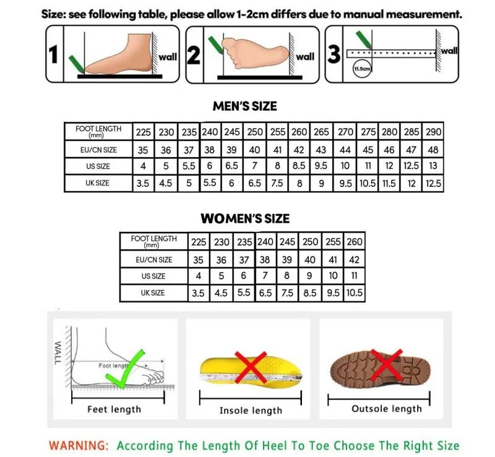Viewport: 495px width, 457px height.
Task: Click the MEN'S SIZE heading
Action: tap(244, 106)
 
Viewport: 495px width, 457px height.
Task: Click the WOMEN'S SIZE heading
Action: tap(244, 218)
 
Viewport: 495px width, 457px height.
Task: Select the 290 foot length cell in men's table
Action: tap(433, 132)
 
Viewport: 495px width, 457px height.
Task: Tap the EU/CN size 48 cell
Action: tap(433, 149)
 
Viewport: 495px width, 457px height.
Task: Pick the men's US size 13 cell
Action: tap(433, 166)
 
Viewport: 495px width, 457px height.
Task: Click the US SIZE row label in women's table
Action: tap(153, 276)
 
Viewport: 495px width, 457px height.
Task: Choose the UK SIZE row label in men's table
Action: tap(98, 183)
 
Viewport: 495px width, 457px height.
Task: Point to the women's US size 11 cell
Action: tap(355, 276)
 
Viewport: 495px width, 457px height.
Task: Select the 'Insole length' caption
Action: tap(251, 411)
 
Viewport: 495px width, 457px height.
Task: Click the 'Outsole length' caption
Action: tap(386, 409)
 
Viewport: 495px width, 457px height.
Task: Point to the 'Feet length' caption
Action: tap(114, 409)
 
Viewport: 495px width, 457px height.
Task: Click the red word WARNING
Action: tap(79, 445)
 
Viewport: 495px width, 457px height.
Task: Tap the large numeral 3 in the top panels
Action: tap(334, 54)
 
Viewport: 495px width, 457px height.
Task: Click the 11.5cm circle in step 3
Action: tap(361, 69)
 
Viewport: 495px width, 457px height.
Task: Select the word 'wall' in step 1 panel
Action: tap(168, 57)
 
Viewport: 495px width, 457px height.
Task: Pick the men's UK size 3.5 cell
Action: tap(143, 183)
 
